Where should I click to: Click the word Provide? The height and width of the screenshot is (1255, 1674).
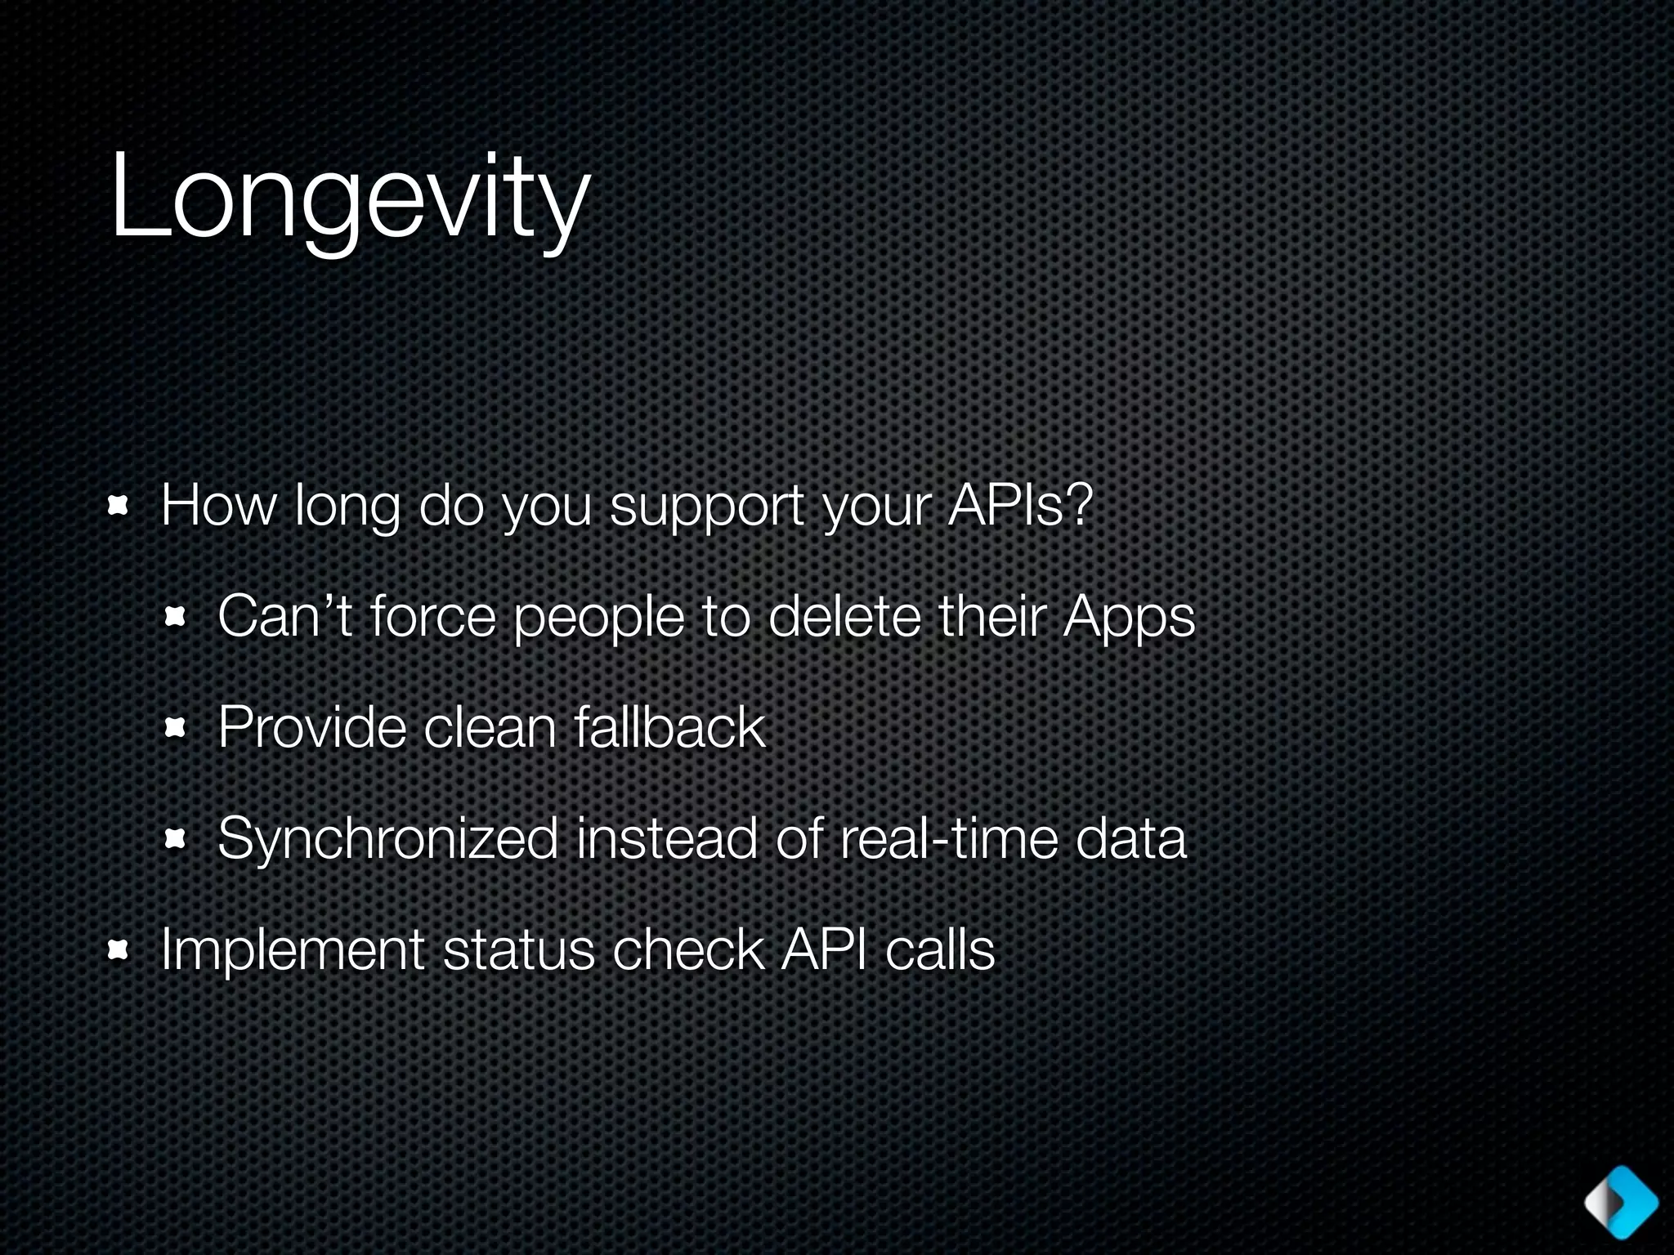311,726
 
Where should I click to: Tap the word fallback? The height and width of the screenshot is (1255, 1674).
669,726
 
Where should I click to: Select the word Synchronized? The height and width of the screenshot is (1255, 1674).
387,839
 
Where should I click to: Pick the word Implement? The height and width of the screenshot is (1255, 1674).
293,950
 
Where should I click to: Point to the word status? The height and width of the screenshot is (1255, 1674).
518,950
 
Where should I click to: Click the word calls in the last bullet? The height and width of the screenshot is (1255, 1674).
940,949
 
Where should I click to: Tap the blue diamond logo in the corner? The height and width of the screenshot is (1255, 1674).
1621,1202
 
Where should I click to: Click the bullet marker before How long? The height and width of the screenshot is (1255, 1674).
119,507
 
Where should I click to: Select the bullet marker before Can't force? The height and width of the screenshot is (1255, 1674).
176,618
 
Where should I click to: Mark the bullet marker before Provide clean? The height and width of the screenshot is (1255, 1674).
176,728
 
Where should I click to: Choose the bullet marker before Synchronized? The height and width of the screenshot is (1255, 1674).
176,839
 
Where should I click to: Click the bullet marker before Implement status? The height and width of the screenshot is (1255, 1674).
119,950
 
